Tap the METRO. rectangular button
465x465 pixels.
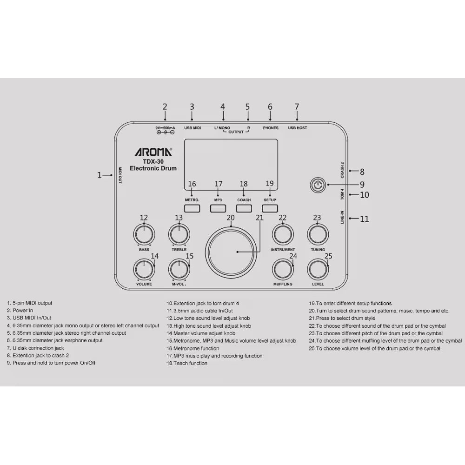click(192, 208)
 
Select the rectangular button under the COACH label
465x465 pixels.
click(244, 208)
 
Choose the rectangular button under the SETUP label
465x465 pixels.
click(270, 208)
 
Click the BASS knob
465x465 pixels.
click(144, 234)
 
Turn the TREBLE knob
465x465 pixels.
click(179, 234)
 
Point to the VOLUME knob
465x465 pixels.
click(144, 269)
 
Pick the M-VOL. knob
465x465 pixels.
click(179, 269)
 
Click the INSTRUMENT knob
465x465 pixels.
click(283, 234)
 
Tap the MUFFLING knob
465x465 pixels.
click(283, 269)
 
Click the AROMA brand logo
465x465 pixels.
click(153, 152)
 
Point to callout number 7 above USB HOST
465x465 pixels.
click(297, 107)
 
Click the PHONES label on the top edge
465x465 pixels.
click(270, 128)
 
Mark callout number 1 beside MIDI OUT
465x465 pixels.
click(99, 175)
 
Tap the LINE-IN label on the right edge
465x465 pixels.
click(342, 218)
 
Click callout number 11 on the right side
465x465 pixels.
click(364, 219)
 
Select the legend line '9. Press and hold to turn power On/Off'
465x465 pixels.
click(51, 363)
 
